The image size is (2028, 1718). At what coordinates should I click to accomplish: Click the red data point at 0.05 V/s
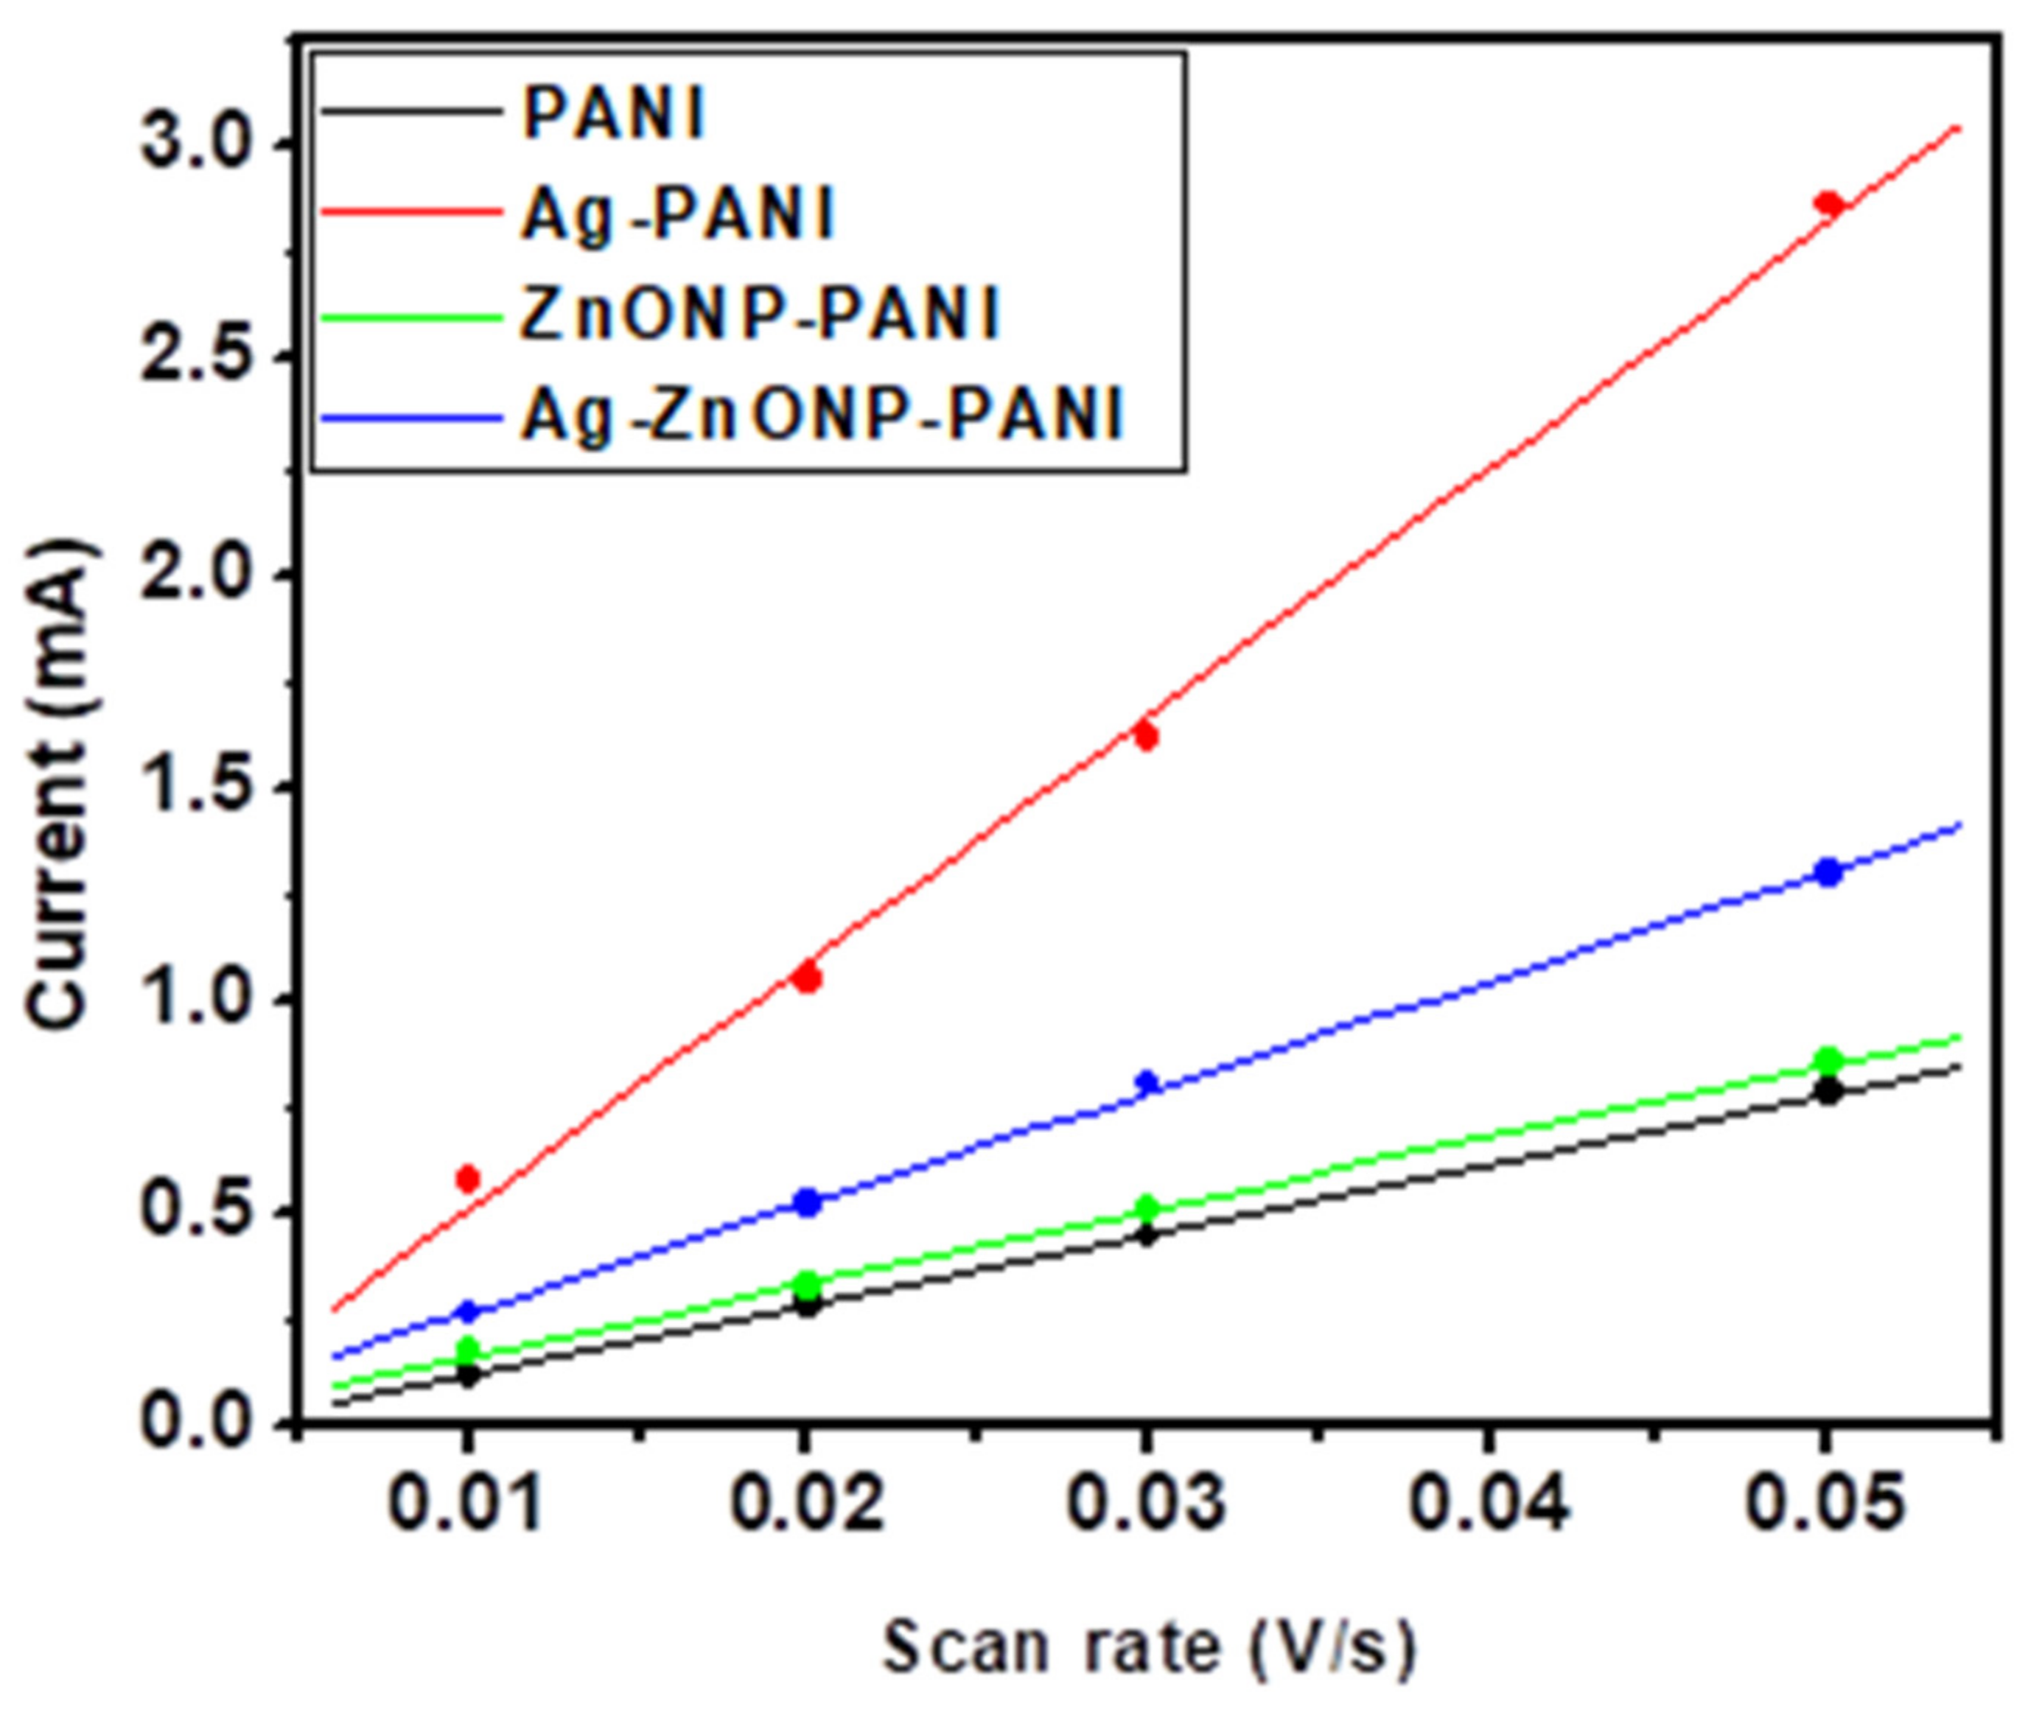1828,203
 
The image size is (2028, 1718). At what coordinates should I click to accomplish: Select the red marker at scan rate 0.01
469,1179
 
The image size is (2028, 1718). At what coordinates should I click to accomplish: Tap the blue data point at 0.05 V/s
1829,872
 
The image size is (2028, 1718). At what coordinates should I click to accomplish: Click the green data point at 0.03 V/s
1147,1207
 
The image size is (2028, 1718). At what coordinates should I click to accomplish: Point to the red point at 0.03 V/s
1147,736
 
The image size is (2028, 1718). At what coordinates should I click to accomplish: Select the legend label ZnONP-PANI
760,315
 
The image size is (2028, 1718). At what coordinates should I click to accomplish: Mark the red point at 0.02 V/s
806,978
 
